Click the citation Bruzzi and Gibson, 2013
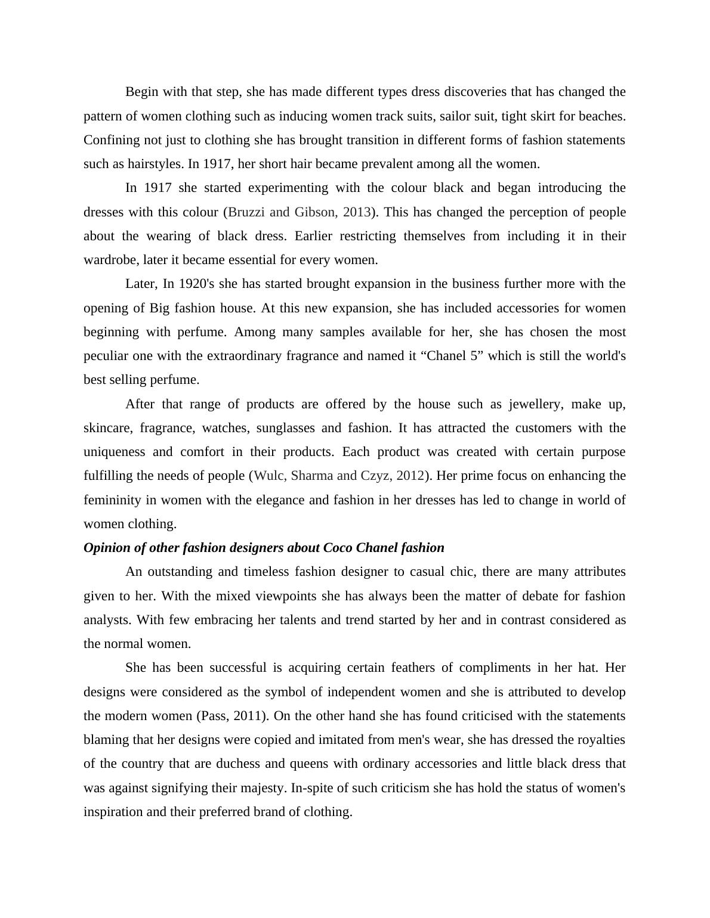(x=300, y=212)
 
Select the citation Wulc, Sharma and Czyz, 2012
(x=339, y=476)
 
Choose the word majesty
(x=263, y=788)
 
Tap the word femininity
(x=112, y=500)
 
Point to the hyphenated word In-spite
(x=313, y=788)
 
